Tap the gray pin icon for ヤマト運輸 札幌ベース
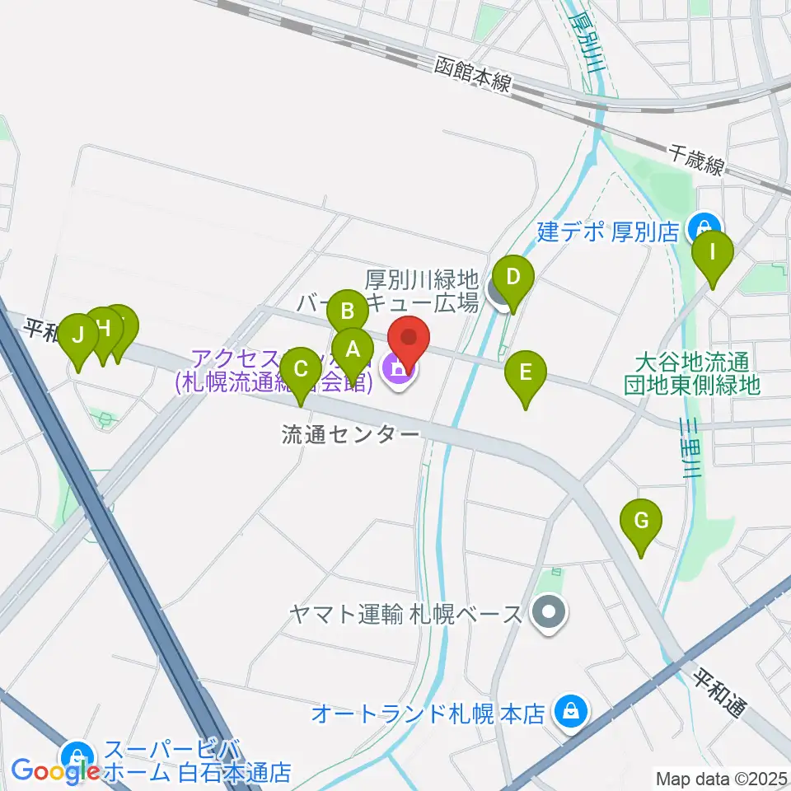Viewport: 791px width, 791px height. tap(545, 614)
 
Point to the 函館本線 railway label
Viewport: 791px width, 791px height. tap(475, 74)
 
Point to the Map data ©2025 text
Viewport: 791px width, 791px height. tap(720, 777)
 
